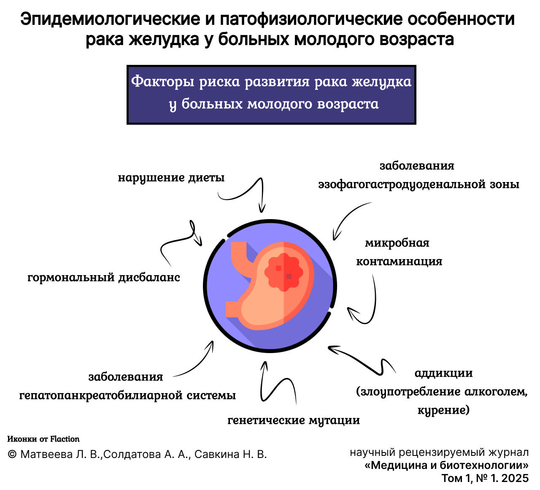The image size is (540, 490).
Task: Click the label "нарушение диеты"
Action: tap(171, 178)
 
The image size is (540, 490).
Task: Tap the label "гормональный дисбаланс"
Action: tap(104, 277)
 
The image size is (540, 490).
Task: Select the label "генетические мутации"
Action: tap(294, 420)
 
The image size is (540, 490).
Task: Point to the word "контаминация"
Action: tap(399, 261)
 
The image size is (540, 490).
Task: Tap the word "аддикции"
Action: tap(443, 373)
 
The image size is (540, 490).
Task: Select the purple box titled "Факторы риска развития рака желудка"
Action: tap(271, 95)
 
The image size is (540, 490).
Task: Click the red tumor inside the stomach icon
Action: tap(283, 272)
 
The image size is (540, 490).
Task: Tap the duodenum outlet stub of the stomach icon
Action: tap(232, 309)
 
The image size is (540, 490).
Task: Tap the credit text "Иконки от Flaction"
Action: tap(43, 439)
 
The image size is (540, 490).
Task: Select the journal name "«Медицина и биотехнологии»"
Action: tap(447, 465)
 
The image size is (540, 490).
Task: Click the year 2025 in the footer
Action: tap(515, 478)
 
